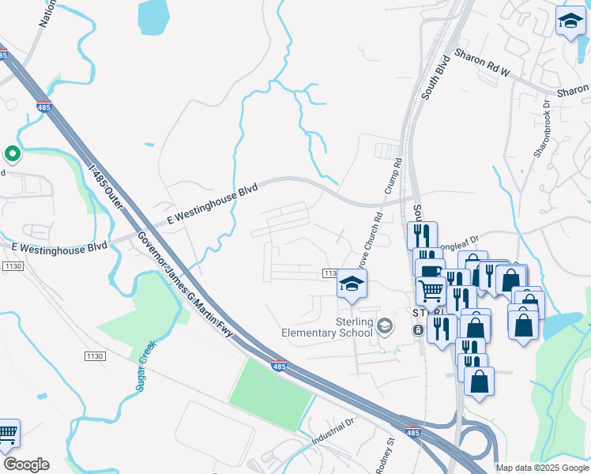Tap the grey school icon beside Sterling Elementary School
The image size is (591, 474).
tap(385, 325)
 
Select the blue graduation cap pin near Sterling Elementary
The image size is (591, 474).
tap(351, 285)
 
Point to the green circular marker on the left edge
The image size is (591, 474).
tap(12, 153)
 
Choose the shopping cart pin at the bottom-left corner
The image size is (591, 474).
tap(7, 434)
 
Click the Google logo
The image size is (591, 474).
tap(26, 464)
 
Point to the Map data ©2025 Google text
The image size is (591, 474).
tap(542, 468)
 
